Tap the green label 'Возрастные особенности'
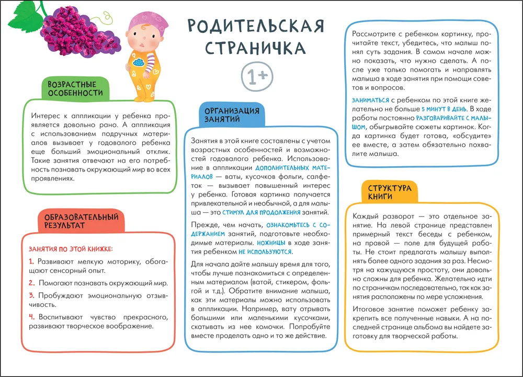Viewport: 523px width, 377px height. pos(72,88)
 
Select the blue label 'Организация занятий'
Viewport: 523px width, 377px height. pos(232,115)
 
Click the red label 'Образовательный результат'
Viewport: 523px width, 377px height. pos(81,221)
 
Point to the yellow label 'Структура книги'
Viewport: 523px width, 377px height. pos(389,192)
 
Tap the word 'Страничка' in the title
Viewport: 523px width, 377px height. pos(255,48)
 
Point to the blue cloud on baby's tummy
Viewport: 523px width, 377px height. pos(140,62)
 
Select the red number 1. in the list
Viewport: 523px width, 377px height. pos(31,261)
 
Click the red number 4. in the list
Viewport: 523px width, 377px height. pos(31,316)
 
